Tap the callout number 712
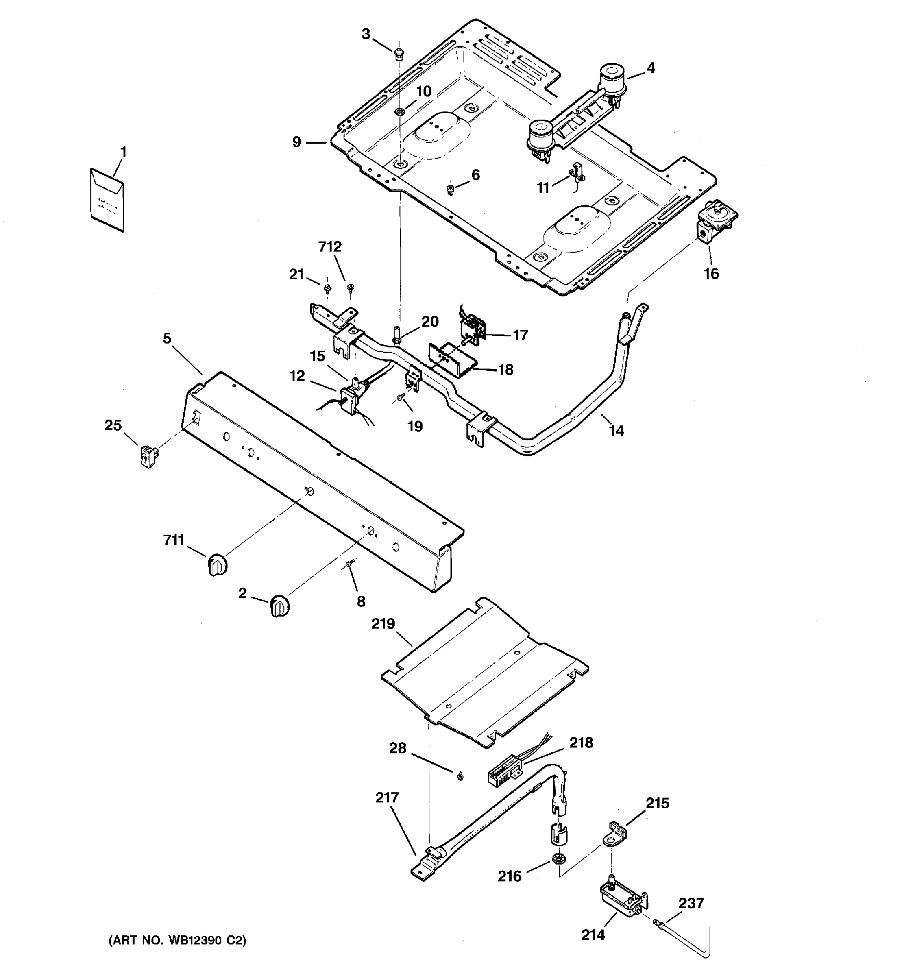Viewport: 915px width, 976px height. pyautogui.click(x=330, y=246)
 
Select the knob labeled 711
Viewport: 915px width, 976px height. pyautogui.click(x=216, y=564)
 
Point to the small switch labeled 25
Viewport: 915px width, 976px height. pyautogui.click(x=146, y=455)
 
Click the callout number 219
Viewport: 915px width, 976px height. pyautogui.click(x=383, y=623)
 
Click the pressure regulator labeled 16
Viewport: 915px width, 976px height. pyautogui.click(x=716, y=220)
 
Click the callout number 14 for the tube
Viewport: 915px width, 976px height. pyautogui.click(x=616, y=431)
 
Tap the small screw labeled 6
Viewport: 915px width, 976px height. pyautogui.click(x=450, y=189)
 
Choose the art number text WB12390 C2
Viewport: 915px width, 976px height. pyautogui.click(x=177, y=941)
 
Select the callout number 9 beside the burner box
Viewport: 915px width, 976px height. pyautogui.click(x=296, y=142)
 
